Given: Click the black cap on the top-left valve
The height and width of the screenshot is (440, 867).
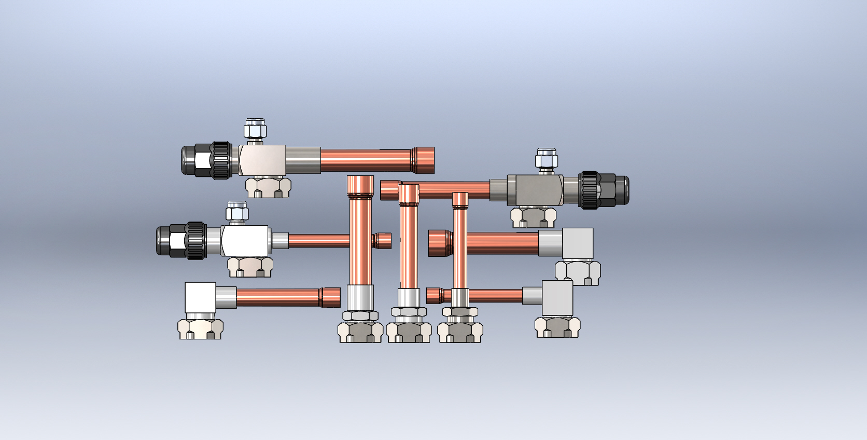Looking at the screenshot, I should [196, 160].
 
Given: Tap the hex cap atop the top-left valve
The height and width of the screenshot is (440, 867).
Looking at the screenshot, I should [255, 129].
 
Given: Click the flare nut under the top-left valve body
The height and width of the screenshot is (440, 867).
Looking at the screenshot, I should [268, 187].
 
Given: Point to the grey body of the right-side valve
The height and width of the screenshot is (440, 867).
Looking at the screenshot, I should [535, 190].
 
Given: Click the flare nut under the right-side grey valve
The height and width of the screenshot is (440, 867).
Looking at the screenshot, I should [533, 217].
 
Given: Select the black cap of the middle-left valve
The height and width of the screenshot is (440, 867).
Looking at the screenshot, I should [171, 240].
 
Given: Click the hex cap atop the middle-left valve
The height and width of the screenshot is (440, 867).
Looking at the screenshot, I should [237, 212].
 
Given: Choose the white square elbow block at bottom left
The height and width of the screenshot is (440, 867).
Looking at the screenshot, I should [200, 297].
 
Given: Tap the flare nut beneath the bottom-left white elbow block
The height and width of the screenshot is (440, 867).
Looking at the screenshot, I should [200, 329].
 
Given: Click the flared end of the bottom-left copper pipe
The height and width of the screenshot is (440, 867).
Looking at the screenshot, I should [330, 297].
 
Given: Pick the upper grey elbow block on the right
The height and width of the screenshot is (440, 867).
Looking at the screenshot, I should [577, 243].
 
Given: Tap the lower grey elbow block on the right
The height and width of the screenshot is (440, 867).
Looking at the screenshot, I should [557, 297].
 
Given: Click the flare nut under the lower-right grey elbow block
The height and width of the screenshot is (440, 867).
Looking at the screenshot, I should [557, 327].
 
